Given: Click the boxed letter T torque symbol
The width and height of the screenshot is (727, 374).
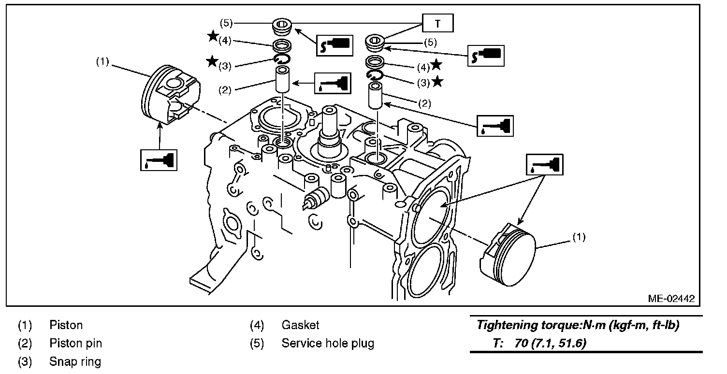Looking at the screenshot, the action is point(437,23).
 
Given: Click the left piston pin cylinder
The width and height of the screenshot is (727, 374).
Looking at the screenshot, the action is point(283,79).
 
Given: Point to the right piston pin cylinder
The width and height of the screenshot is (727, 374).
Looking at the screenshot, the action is point(375,95).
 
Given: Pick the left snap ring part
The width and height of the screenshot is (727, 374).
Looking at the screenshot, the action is point(282,59).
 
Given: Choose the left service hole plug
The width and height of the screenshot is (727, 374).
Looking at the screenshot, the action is point(282,27).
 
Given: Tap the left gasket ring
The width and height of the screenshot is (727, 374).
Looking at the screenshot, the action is point(282,45).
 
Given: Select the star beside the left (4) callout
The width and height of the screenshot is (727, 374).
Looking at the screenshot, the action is point(213,36).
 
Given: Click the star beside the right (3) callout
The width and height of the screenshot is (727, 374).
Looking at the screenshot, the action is point(437,81).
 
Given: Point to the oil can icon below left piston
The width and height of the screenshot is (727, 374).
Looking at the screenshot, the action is point(159,160).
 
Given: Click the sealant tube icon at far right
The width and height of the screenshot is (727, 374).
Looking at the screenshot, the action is point(486,56).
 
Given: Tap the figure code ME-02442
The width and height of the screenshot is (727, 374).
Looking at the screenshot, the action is point(671,299).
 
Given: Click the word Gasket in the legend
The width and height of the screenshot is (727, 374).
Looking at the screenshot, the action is point(300,325).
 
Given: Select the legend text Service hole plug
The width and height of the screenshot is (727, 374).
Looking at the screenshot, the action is point(328,343).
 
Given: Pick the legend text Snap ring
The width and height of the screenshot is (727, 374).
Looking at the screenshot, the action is point(75,361).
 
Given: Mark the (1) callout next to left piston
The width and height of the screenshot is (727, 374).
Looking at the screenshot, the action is point(102,62).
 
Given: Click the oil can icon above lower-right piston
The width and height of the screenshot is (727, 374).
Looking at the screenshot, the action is point(545,165).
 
